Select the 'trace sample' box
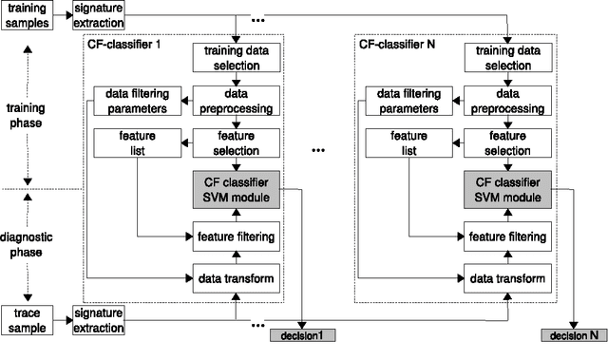pyautogui.click(x=27, y=320)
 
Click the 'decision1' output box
pyautogui.click(x=303, y=335)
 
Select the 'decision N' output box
pyautogui.click(x=574, y=335)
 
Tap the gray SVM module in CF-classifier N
pyautogui.click(x=505, y=188)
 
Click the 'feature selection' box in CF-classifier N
pyautogui.click(x=505, y=143)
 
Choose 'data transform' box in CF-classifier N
pyautogui.click(x=505, y=278)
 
